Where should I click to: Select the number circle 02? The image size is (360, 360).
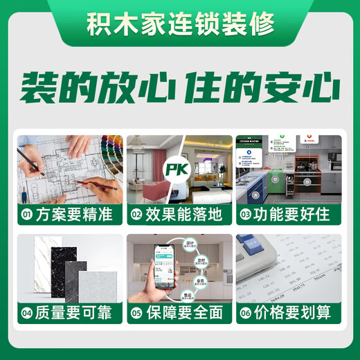tap(136, 215)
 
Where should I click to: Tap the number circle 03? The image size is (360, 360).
tap(245, 215)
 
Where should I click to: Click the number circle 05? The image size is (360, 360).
tap(136, 314)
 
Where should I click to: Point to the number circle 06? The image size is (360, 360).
tap(245, 314)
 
